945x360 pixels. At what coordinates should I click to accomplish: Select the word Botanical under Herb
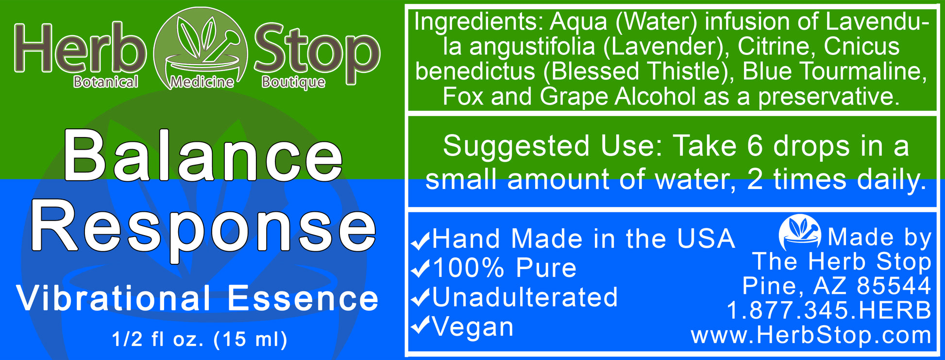tap(106, 82)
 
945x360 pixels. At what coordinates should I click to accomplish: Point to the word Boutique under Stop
tap(293, 82)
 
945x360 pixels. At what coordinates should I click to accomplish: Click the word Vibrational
tap(114, 298)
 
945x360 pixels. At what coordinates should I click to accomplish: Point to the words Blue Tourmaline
tap(831, 71)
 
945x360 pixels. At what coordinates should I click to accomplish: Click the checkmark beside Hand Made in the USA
tap(421, 240)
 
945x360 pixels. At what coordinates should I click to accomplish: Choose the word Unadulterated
tap(524, 297)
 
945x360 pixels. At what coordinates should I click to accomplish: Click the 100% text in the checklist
tap(469, 268)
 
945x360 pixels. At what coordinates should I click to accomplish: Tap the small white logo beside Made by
tap(799, 232)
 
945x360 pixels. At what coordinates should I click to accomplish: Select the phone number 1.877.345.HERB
tap(828, 310)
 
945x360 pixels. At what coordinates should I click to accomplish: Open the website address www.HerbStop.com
tap(810, 336)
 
